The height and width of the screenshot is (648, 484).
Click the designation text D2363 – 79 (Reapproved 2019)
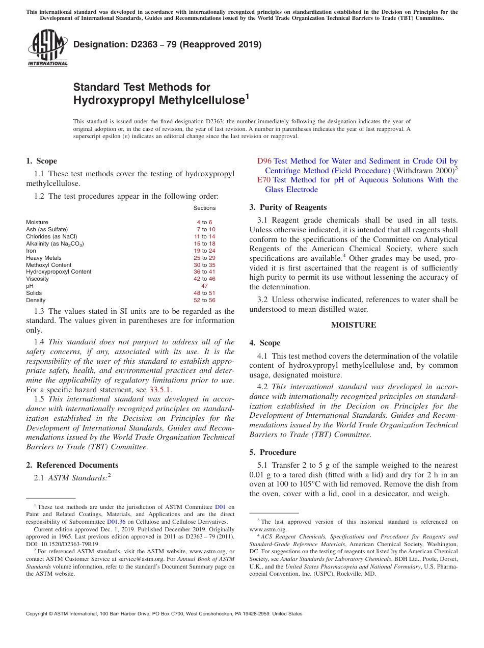(x=167, y=44)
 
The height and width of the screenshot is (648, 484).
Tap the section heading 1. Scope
(x=41, y=161)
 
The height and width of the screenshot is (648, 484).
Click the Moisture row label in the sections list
(x=37, y=222)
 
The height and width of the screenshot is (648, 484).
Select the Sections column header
(x=204, y=208)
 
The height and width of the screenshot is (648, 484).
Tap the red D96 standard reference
(x=264, y=161)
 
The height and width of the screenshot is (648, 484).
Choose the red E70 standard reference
(x=263, y=180)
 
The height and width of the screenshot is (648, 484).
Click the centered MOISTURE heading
(x=354, y=325)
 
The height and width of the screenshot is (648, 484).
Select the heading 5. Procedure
(x=273, y=452)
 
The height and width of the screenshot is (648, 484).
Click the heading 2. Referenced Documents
(x=72, y=465)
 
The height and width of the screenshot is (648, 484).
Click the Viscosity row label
(x=38, y=279)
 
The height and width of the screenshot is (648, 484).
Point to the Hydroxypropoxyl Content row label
(x=59, y=272)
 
